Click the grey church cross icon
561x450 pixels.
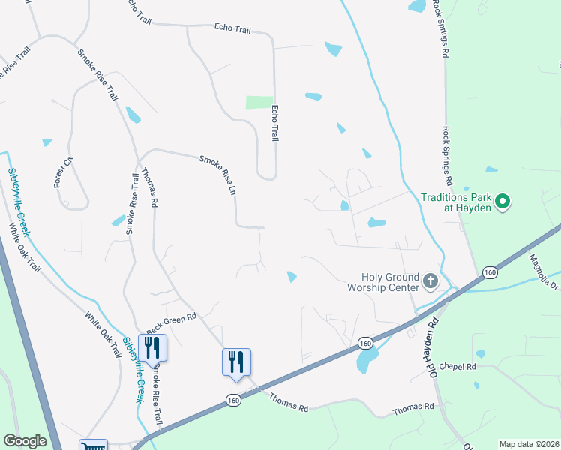tap(430, 281)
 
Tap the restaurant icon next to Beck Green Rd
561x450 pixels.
tap(152, 347)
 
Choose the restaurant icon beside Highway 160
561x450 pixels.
tap(236, 361)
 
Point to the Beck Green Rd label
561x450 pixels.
tap(171, 322)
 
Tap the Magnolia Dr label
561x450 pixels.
tap(544, 269)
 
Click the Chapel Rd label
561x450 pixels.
tap(459, 367)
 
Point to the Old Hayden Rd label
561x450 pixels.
tap(425, 345)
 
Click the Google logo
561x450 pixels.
tap(25, 441)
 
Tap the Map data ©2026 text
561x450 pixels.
tap(529, 444)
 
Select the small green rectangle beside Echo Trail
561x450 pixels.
tap(259, 102)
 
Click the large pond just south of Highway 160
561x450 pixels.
tap(365, 361)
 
